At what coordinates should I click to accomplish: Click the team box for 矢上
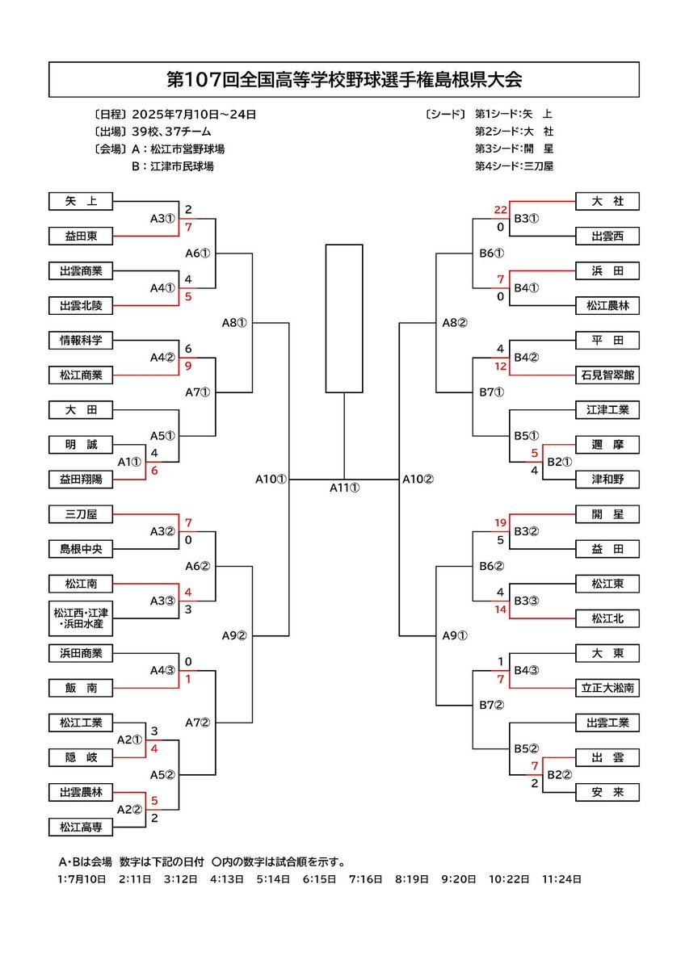(81, 201)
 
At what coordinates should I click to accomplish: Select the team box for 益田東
(81, 236)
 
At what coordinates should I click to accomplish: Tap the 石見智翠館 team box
(607, 375)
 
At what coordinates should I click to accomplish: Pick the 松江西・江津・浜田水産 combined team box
(81, 618)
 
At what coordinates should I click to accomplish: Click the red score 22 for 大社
(500, 211)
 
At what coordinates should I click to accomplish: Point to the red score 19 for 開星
(500, 523)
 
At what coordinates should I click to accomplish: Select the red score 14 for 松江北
(500, 610)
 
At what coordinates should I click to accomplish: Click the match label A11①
(345, 488)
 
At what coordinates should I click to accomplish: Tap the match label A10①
(271, 479)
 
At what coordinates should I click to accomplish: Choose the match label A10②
(418, 479)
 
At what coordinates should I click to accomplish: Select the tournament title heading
(344, 80)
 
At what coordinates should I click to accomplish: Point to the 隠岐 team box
(81, 757)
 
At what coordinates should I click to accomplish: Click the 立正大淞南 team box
(607, 688)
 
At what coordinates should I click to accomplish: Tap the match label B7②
(492, 705)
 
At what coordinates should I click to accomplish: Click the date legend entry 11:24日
(561, 879)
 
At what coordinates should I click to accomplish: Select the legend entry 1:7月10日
(82, 879)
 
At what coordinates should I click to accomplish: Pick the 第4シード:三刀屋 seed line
(514, 166)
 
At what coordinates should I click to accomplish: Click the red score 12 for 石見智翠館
(500, 367)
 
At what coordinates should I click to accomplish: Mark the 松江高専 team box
(81, 828)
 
